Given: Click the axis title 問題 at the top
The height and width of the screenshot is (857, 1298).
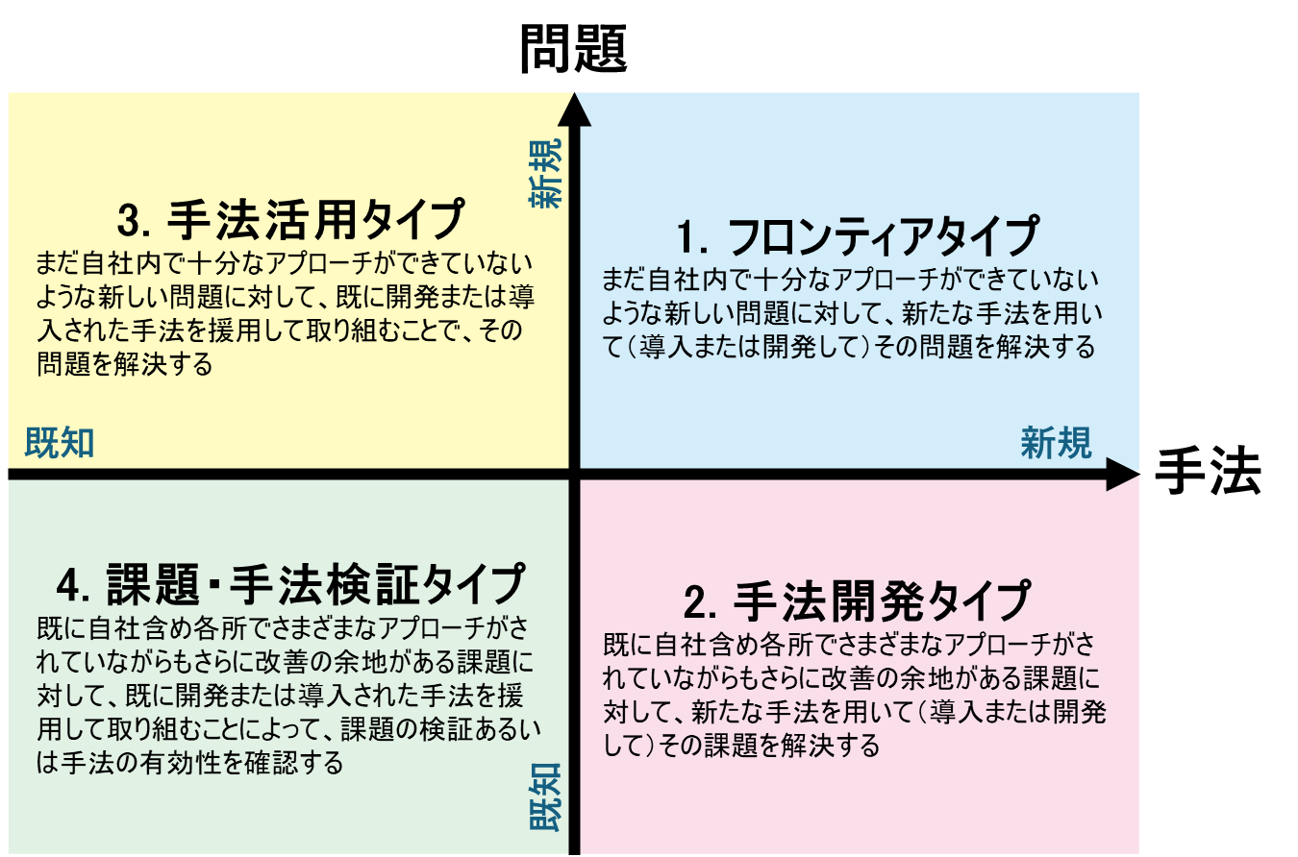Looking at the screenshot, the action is pos(573,49).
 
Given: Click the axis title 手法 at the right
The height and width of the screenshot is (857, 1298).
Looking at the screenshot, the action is pos(1209,471).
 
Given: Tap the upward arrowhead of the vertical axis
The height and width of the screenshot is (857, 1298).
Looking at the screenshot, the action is pos(574,110).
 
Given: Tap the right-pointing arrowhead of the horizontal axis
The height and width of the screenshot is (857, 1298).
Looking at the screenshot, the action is pos(1123,475).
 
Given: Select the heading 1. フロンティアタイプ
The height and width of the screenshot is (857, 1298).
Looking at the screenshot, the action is pos(858,236).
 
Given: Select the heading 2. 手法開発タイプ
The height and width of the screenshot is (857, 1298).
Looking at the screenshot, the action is pos(857,601).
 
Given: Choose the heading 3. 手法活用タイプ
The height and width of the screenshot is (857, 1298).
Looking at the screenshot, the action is pos(291,219).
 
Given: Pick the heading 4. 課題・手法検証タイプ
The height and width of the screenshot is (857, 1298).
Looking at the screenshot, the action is pos(291,584).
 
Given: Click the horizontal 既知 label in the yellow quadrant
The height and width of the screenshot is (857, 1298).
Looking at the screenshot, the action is pos(60,443).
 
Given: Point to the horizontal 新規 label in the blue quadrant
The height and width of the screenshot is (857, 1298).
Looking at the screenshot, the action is pos(1056,443).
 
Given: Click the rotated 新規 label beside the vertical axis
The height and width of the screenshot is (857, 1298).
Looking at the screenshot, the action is pos(545,173).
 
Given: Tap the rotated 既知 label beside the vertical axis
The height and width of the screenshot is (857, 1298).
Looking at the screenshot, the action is pos(545,797).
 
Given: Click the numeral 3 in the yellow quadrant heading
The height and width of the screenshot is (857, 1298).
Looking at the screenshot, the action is pos(128,221).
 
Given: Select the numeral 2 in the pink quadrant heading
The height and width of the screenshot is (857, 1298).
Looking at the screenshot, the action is pos(695,602).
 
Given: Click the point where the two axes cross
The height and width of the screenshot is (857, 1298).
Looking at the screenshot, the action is pos(574,475).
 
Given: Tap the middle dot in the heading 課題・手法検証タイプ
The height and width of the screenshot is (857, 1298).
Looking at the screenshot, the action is pos(214,585).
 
